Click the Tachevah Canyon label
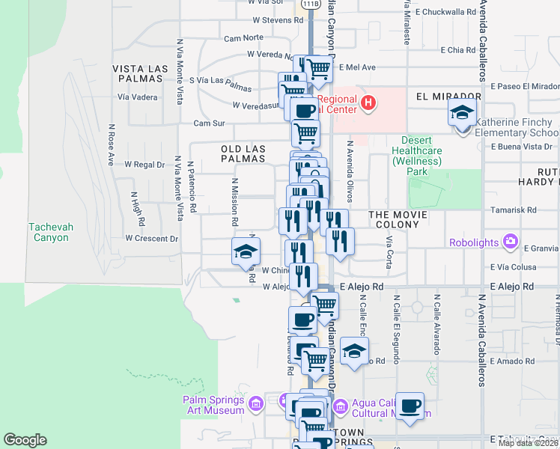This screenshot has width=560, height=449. point(49,233)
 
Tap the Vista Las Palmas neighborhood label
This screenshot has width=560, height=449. point(140,74)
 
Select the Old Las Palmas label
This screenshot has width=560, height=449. point(243,153)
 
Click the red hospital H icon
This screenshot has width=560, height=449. point(368,103)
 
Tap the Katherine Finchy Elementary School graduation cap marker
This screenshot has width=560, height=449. point(462,114)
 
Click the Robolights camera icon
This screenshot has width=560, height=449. point(511,241)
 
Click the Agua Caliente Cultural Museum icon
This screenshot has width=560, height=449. point(341,406)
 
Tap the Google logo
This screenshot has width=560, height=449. point(25,440)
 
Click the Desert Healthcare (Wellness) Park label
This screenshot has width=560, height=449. point(421,156)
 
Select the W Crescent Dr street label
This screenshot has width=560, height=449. point(152,239)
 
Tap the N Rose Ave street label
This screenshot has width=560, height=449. point(110,144)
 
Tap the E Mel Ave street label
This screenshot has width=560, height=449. point(357,67)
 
